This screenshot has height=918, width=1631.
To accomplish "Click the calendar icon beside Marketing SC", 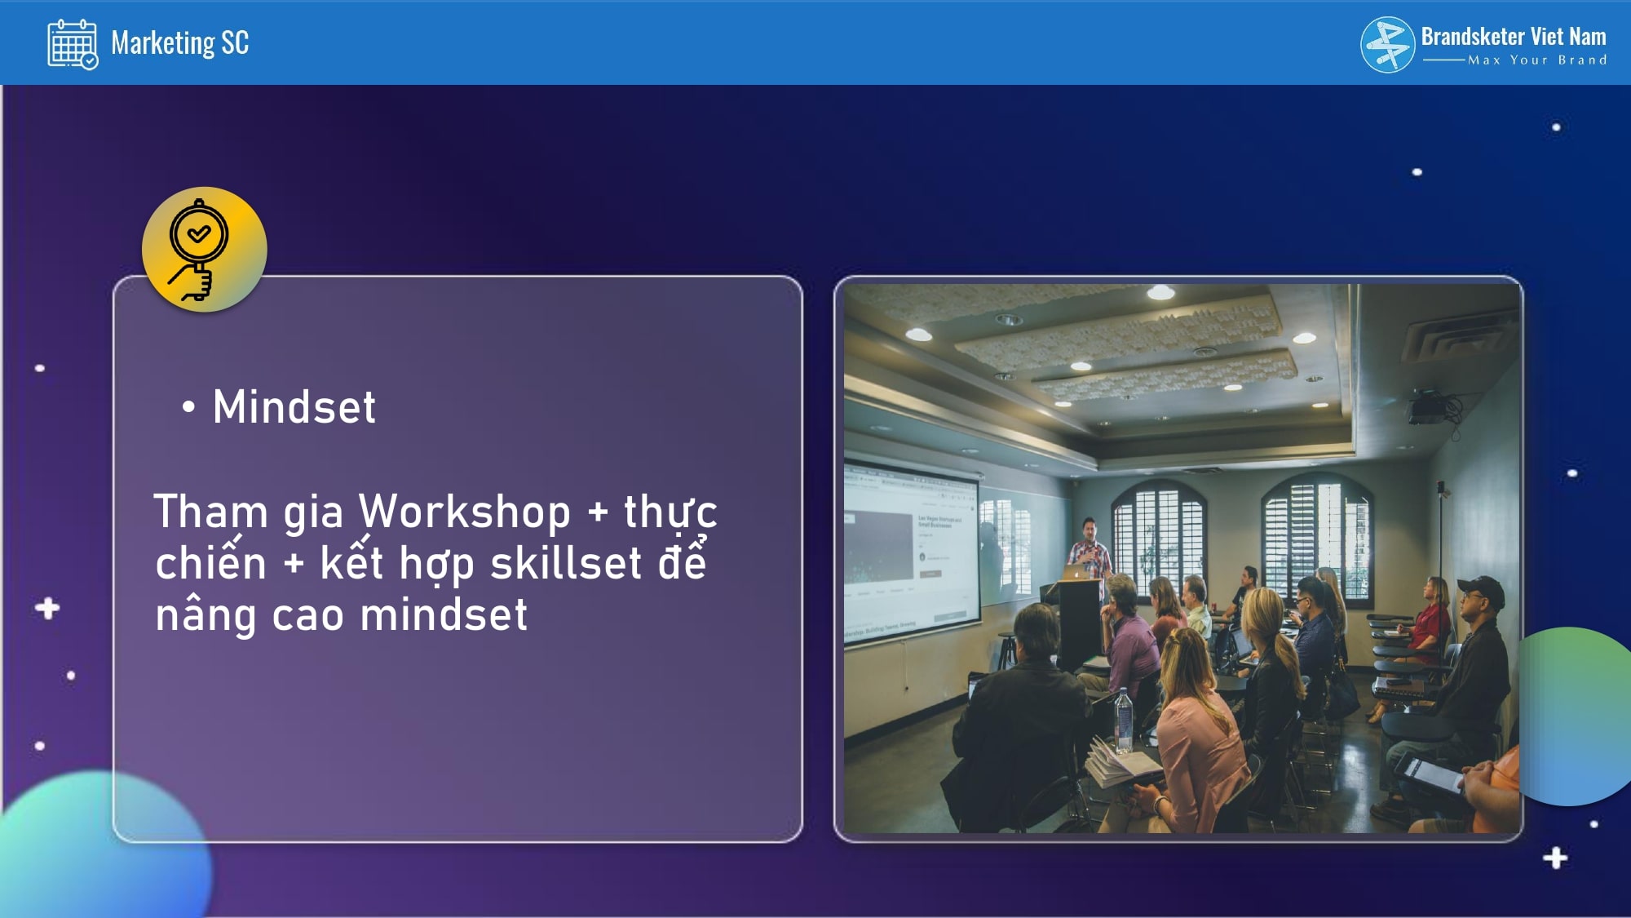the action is [73, 44].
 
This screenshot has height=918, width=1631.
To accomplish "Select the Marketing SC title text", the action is [179, 42].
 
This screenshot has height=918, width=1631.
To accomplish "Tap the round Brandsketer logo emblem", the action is [1387, 45].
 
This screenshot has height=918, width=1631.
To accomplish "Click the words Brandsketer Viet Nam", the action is [1514, 37].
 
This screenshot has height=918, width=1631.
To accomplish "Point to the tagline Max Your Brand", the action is [1537, 60].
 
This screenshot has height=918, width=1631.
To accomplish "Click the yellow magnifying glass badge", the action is [204, 250].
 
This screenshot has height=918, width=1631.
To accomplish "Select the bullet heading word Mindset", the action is [294, 406].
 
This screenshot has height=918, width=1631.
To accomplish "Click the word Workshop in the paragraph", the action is [465, 512].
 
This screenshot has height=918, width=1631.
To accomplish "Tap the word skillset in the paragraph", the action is [566, 563].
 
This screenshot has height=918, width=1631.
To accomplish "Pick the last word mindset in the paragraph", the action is [444, 614].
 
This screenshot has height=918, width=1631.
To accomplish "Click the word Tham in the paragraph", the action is [211, 512].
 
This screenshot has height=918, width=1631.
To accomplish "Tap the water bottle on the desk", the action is [1124, 721].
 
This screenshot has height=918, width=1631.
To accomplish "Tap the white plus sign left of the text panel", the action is [47, 608].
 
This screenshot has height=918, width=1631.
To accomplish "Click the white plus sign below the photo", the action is [1555, 858].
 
